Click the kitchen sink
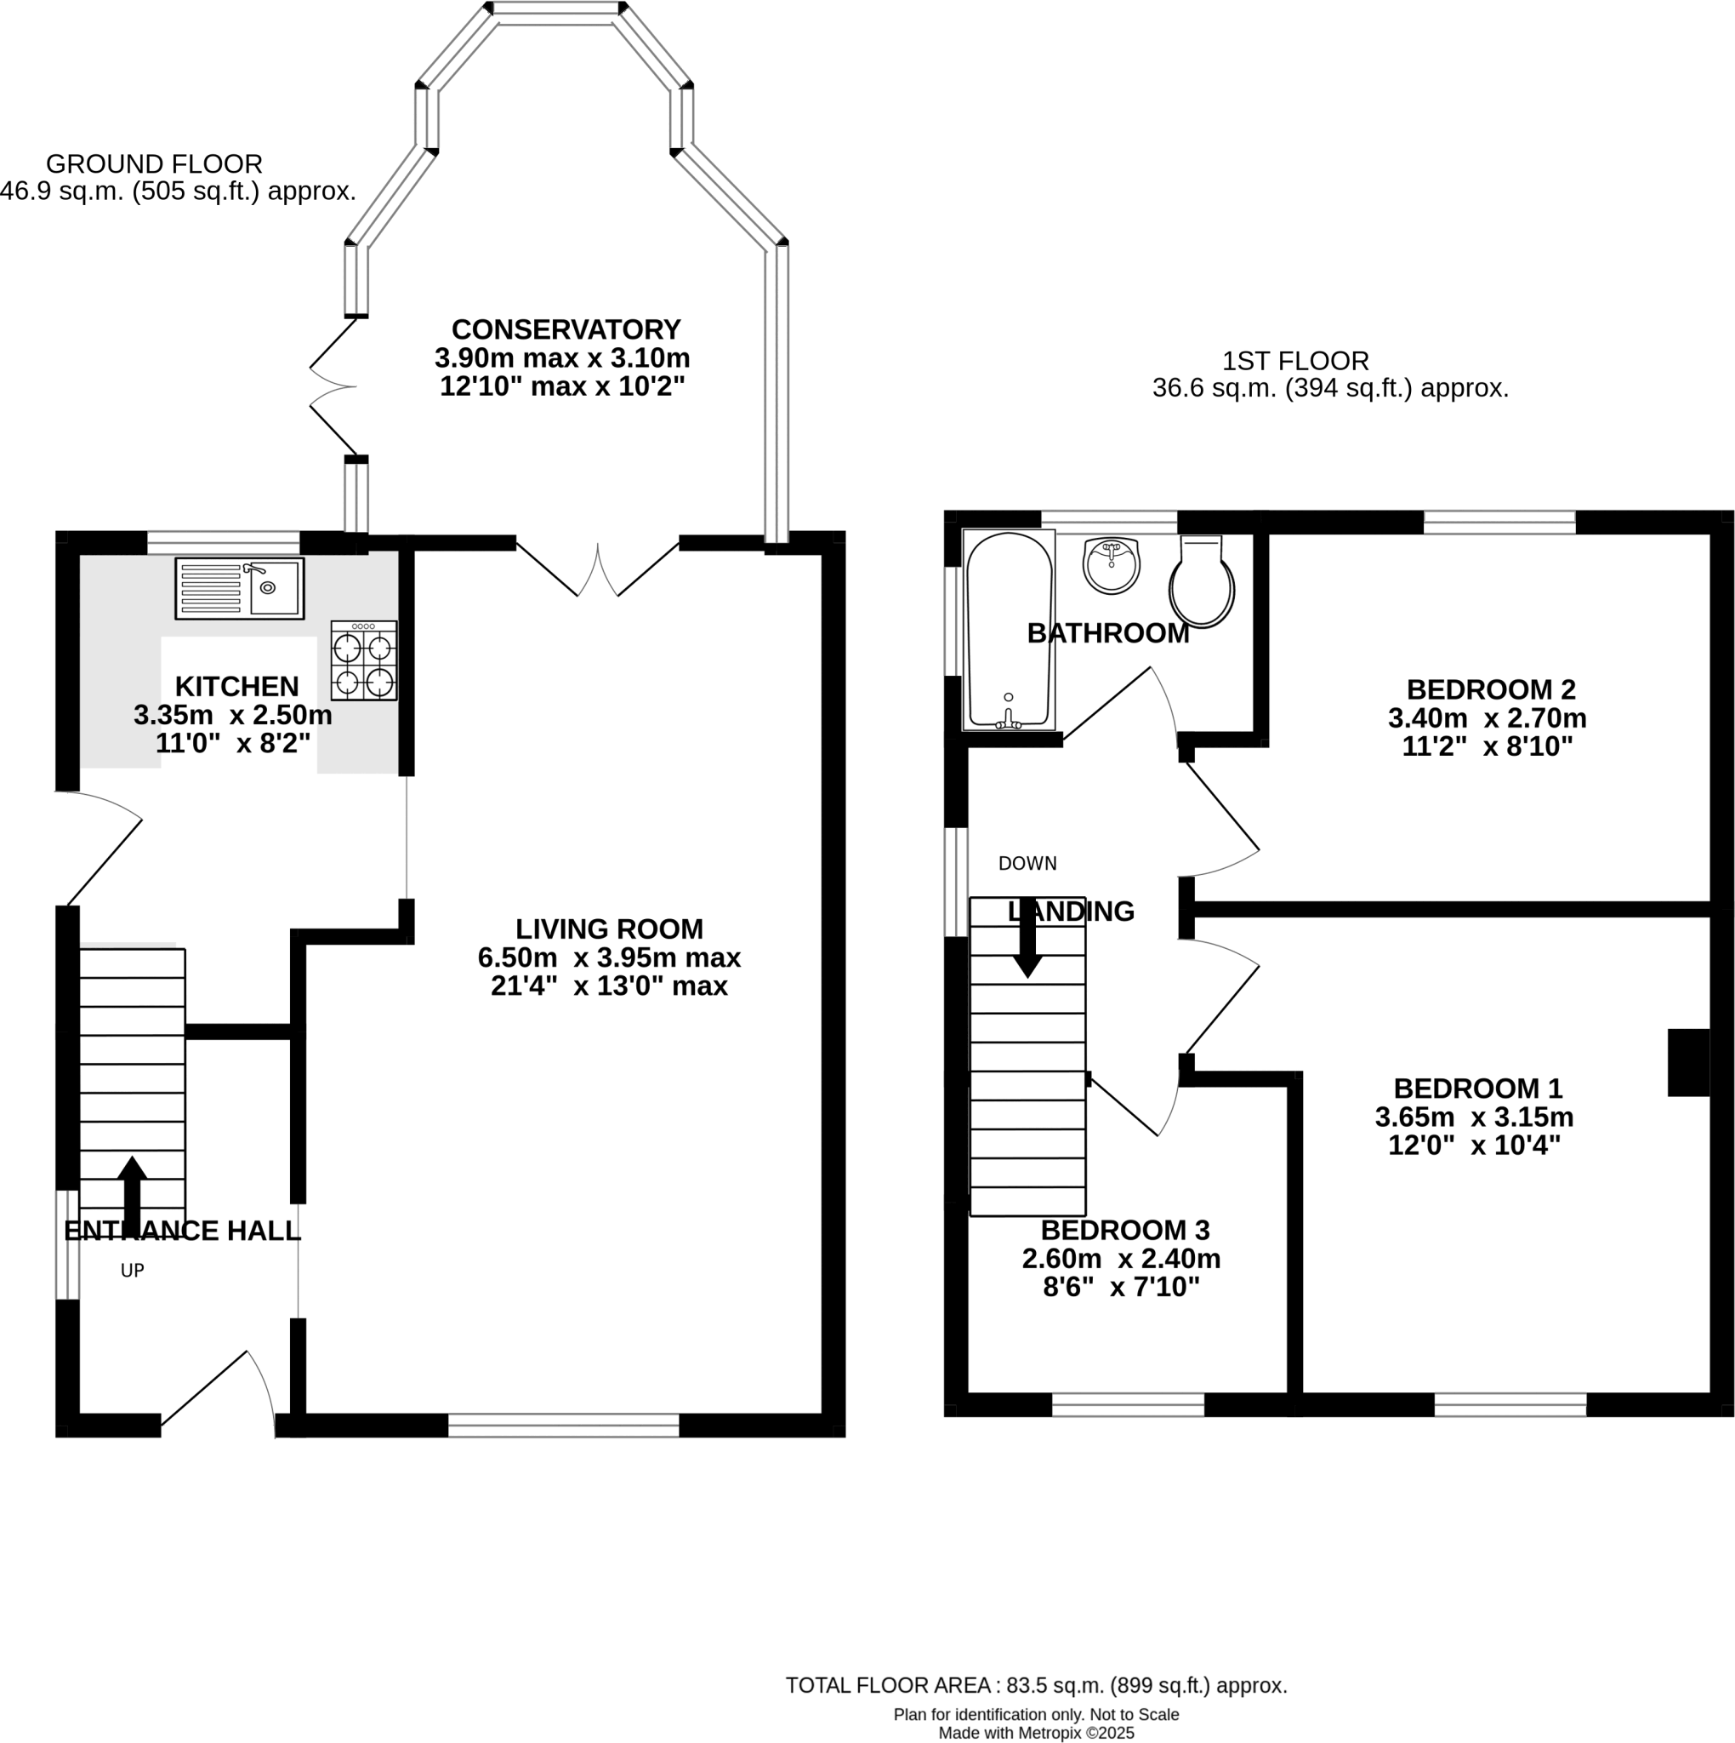[239, 588]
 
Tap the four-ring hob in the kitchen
[363, 660]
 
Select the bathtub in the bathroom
[1008, 630]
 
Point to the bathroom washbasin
[1111, 566]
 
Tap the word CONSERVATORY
[566, 329]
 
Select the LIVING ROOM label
[609, 929]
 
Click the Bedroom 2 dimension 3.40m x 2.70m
[1487, 719]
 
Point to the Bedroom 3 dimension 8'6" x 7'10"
[1121, 1288]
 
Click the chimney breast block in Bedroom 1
[1688, 1063]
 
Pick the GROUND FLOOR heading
[154, 164]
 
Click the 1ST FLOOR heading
[1295, 362]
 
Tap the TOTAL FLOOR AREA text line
[1036, 1685]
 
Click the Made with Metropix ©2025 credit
[1036, 1733]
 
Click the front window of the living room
[564, 1426]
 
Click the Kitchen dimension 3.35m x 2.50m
[233, 716]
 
